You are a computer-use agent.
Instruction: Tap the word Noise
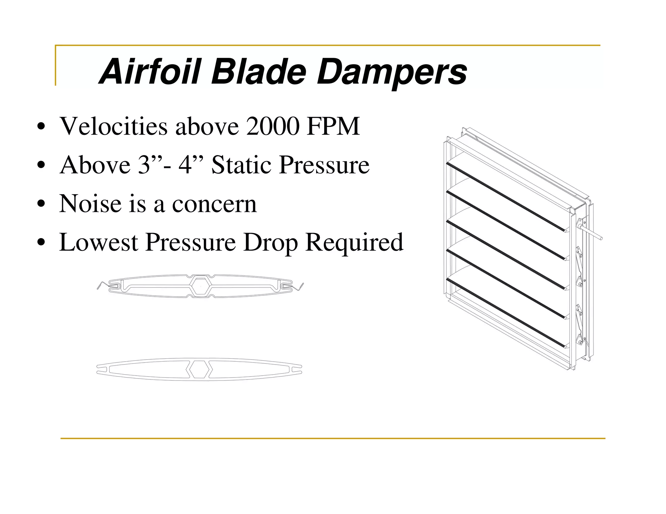coord(90,204)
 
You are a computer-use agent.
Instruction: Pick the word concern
coord(214,205)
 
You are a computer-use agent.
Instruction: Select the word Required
coord(354,243)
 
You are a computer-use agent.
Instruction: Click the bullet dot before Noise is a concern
coord(41,204)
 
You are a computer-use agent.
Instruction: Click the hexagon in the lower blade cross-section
coord(199,369)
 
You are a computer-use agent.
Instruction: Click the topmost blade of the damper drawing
coord(507,192)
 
